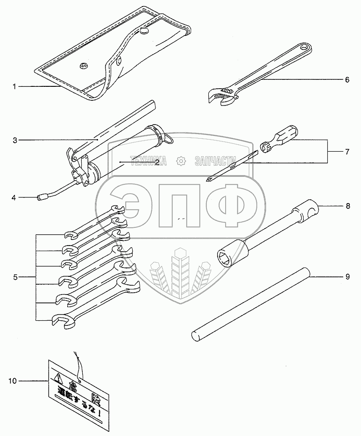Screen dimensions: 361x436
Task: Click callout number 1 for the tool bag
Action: [x=14, y=87]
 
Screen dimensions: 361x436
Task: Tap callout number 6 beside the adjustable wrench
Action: [x=347, y=80]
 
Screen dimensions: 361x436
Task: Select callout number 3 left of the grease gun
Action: [x=15, y=140]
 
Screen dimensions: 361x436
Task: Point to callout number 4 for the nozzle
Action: [x=14, y=197]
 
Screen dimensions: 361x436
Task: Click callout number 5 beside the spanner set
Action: [x=15, y=277]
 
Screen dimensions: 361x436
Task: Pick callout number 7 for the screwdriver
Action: [x=347, y=151]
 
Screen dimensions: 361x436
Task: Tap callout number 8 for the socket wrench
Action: [x=347, y=205]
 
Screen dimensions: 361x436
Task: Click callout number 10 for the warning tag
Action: [x=13, y=381]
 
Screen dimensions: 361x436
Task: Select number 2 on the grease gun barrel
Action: [x=157, y=162]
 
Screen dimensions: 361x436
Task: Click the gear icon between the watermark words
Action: [x=180, y=162]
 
